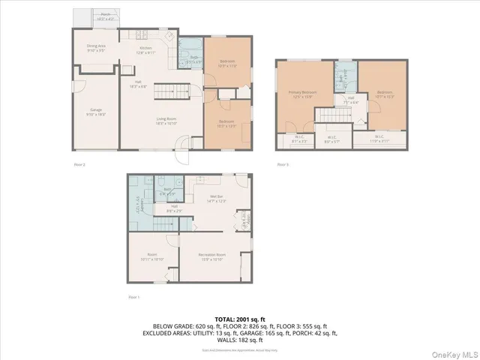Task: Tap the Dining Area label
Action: [97, 48]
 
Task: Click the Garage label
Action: [97, 112]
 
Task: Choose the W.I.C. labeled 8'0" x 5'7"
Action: [332, 139]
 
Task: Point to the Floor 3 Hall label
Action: [350, 100]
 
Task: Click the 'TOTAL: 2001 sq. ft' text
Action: [240, 319]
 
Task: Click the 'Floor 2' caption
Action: [79, 163]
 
